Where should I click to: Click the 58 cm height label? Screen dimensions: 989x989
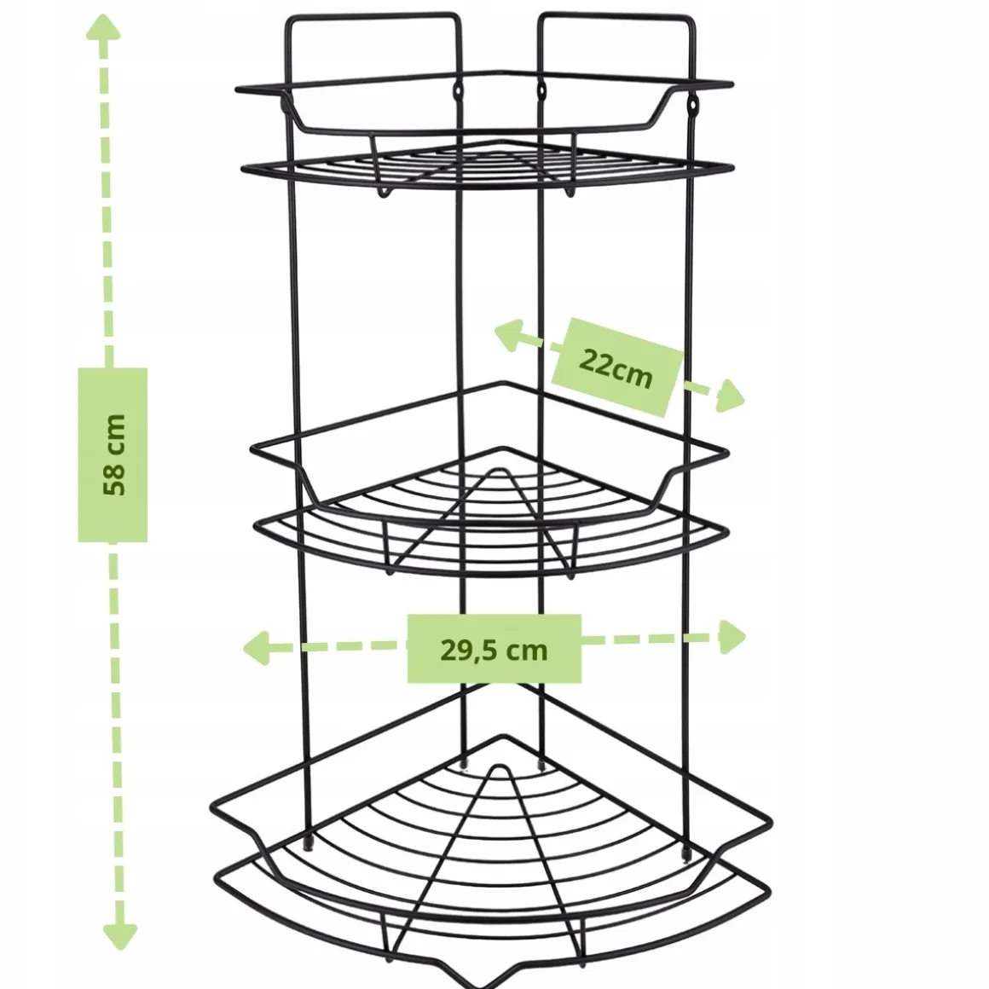(113, 454)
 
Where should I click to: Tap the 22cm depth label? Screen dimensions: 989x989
(615, 367)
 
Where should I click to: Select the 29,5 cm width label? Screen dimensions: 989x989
(494, 650)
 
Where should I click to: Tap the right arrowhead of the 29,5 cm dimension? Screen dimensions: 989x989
(732, 636)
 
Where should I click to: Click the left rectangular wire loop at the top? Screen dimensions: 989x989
(373, 15)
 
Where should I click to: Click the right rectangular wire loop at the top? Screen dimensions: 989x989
(617, 15)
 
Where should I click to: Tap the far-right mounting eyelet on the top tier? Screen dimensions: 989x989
(693, 104)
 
